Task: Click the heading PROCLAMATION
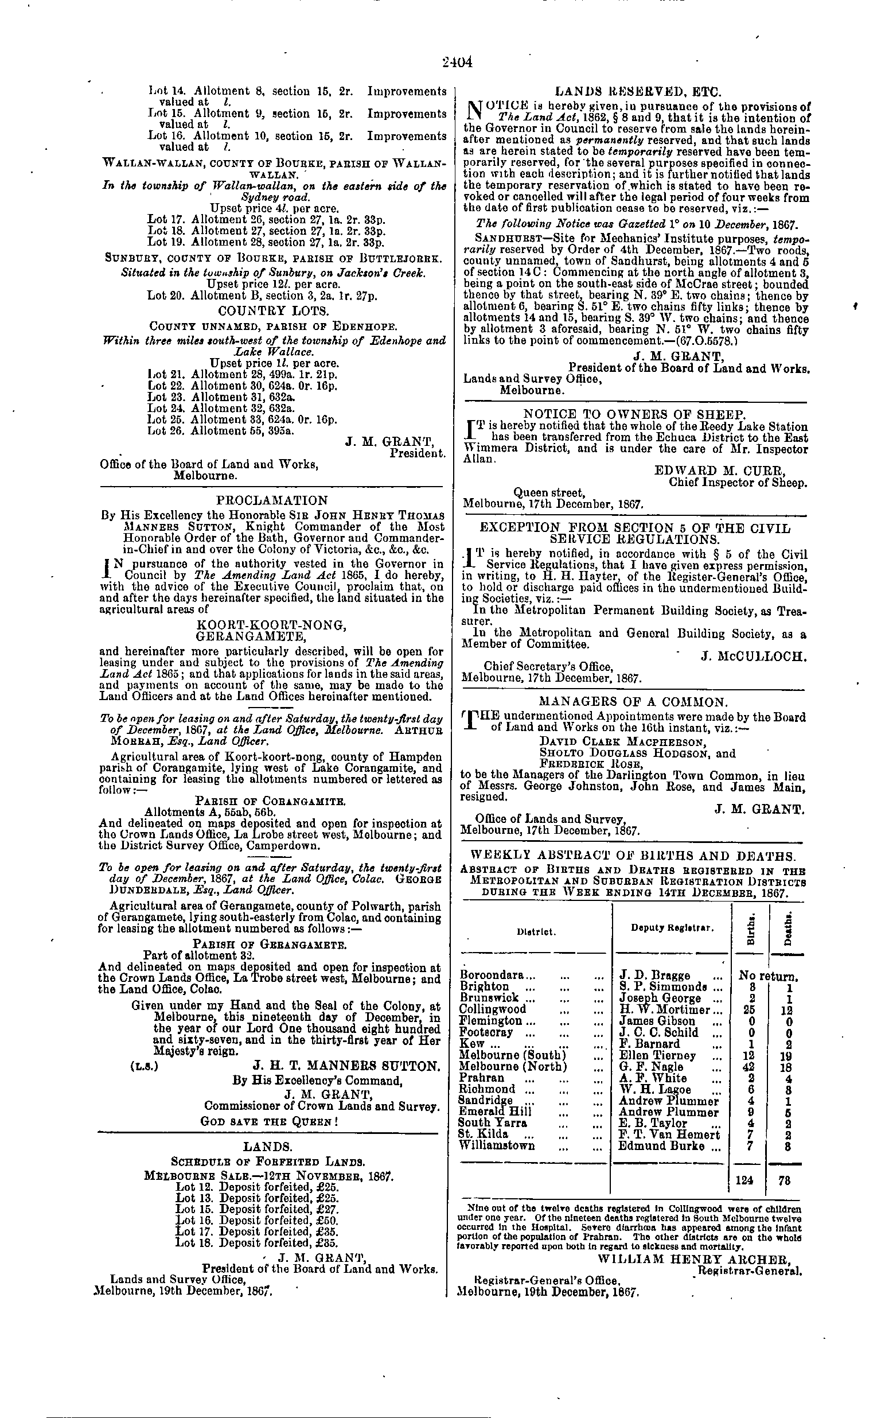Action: point(271,500)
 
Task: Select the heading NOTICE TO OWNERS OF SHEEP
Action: point(634,414)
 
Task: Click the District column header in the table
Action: point(536,931)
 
